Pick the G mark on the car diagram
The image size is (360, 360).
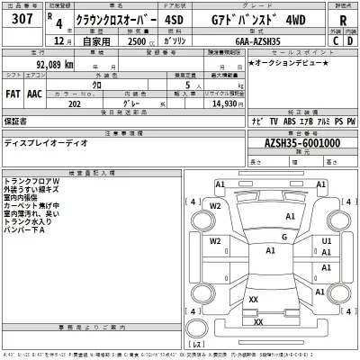pyautogui.click(x=283, y=237)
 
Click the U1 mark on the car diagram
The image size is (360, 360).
pyautogui.click(x=327, y=242)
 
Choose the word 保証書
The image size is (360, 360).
pyautogui.click(x=15, y=119)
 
